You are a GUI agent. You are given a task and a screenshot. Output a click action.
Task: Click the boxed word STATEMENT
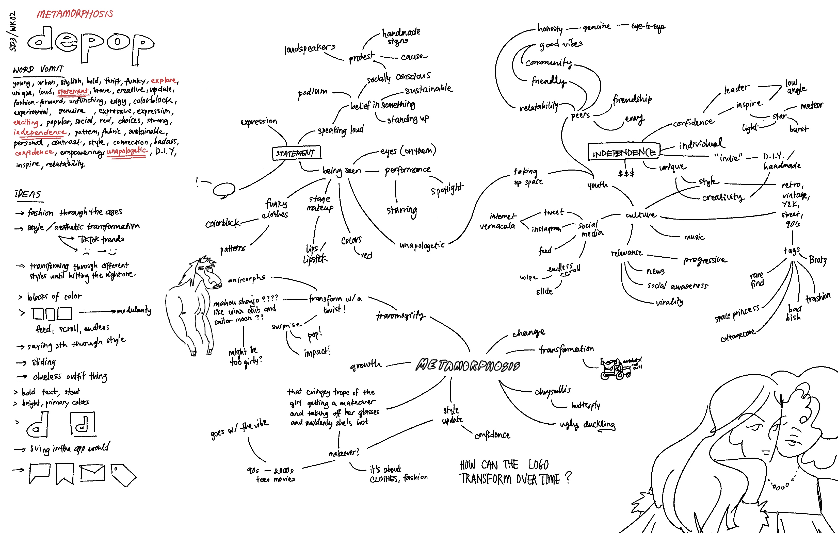pyautogui.click(x=296, y=153)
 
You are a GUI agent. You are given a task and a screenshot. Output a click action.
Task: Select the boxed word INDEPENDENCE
pyautogui.click(x=624, y=152)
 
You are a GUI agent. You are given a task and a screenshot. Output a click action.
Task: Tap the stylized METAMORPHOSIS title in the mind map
pyautogui.click(x=468, y=365)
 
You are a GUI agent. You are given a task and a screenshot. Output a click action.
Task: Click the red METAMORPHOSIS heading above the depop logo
pyautogui.click(x=75, y=14)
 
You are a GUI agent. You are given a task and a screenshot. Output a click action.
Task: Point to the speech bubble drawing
pyautogui.click(x=224, y=190)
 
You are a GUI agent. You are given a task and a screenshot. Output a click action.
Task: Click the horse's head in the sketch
pyautogui.click(x=208, y=273)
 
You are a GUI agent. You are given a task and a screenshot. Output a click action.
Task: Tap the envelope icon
pyautogui.click(x=92, y=473)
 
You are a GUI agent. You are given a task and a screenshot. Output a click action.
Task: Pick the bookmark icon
pyautogui.click(x=65, y=473)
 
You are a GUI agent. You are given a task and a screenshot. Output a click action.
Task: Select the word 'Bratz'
pyautogui.click(x=817, y=260)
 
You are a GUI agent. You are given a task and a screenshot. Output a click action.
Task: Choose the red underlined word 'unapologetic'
pyautogui.click(x=127, y=151)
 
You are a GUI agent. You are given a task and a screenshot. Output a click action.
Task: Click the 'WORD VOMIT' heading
pyautogui.click(x=38, y=69)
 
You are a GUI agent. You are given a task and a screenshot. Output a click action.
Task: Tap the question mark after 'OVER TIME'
pyautogui.click(x=568, y=477)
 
